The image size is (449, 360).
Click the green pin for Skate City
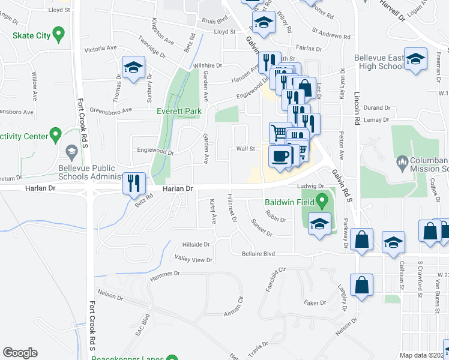[58, 34]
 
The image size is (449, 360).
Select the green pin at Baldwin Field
[322, 200]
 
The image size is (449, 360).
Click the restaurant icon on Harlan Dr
[134, 182]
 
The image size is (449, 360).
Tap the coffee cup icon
[280, 156]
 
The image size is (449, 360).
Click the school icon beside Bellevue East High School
[415, 60]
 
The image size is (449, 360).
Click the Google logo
[20, 353]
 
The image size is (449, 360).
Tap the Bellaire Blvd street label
[258, 254]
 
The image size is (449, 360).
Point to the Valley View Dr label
[193, 260]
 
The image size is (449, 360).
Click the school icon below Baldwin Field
[319, 224]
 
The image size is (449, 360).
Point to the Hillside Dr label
[196, 245]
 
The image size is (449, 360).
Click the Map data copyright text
[423, 355]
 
